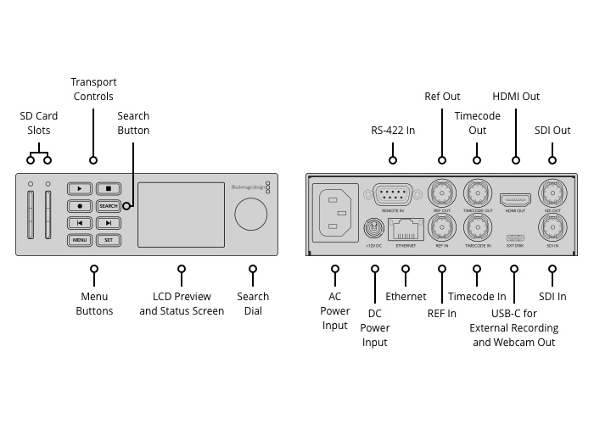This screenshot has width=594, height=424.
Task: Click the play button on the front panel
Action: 80,189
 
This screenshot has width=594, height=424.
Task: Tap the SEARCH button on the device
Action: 108,206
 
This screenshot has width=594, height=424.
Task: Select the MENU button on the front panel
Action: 80,240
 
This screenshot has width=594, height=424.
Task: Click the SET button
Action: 108,240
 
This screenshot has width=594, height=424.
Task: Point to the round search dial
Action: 250,215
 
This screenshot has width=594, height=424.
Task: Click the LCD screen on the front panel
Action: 181,214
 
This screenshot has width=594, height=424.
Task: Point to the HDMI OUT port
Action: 515,199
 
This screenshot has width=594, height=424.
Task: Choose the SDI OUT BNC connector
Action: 552,191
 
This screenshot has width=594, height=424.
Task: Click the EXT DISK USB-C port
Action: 515,237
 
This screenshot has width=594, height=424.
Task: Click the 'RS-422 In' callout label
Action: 393,131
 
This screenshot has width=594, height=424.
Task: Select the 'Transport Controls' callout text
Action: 93,89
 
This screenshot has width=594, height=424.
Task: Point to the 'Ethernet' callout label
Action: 406,297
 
